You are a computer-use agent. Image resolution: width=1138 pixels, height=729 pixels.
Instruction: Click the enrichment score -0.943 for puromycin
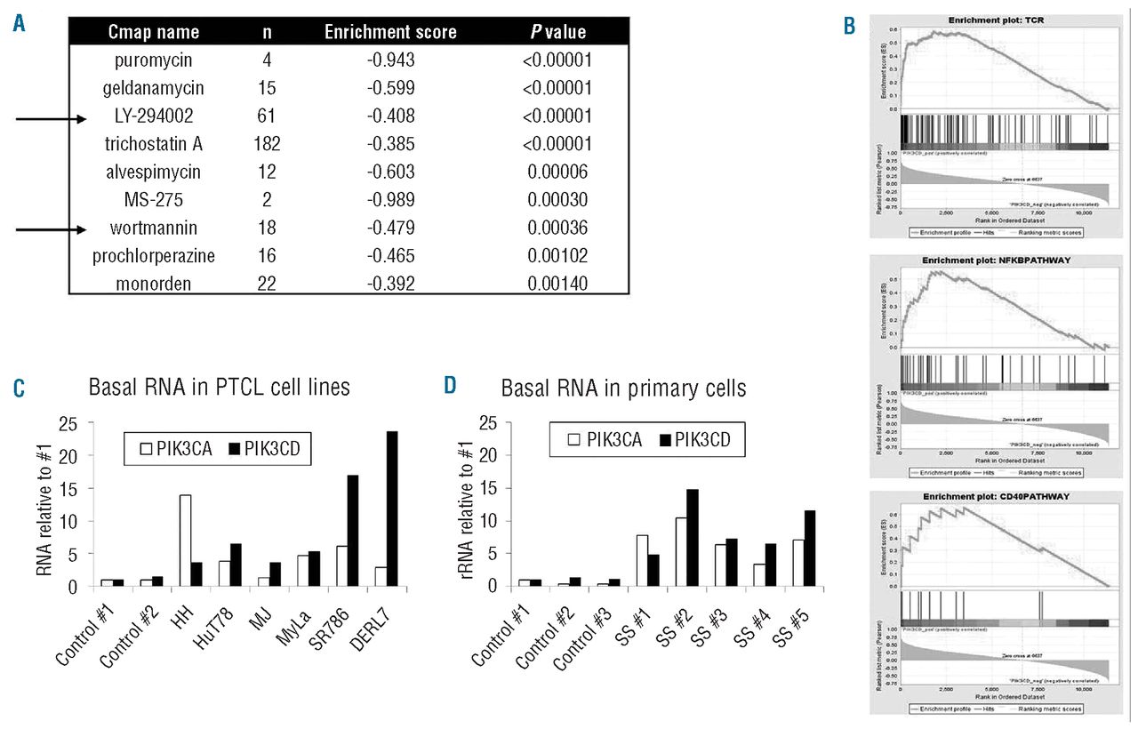[x=390, y=60]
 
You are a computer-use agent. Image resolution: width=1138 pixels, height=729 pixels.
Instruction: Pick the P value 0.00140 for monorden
[x=557, y=284]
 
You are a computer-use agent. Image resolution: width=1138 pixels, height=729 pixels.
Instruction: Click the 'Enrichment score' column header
[x=390, y=33]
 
